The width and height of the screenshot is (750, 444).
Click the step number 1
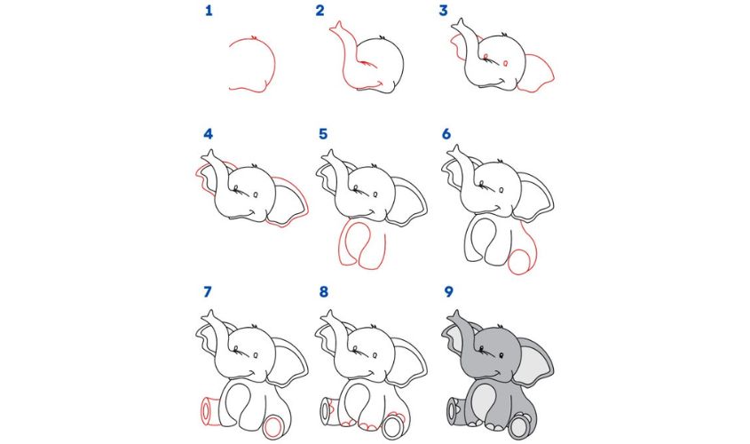(209, 12)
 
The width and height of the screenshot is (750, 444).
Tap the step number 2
(320, 12)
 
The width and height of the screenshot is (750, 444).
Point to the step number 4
(209, 135)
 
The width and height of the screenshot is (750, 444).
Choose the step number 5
(323, 135)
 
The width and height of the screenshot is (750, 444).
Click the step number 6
(446, 135)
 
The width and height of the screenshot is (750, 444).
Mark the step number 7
(209, 290)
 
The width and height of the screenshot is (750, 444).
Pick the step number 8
(323, 290)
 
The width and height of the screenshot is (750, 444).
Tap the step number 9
(446, 290)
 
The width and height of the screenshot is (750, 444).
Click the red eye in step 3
(505, 64)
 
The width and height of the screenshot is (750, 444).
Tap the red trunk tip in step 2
(337, 32)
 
